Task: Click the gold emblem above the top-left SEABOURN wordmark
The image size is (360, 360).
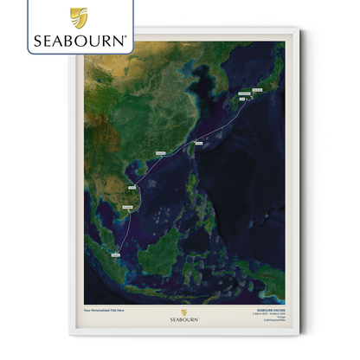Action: [79, 16]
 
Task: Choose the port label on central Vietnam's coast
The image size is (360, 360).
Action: [132, 187]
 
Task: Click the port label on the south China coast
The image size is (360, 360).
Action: [160, 153]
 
